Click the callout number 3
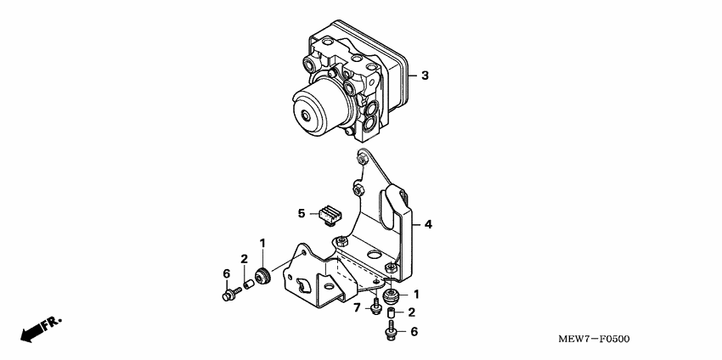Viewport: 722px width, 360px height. (425, 76)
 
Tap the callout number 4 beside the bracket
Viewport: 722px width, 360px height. (428, 224)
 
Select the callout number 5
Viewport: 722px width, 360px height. (301, 212)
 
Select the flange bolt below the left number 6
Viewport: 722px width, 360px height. (230, 295)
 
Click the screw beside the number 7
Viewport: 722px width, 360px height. (375, 307)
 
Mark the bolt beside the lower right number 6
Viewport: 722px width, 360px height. (390, 332)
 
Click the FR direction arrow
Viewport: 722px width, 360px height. (37, 330)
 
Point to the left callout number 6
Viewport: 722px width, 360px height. (227, 273)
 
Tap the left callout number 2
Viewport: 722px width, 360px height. (244, 259)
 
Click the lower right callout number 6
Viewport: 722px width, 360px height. (414, 332)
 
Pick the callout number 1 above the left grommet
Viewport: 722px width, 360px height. (262, 244)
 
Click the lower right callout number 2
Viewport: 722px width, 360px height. (410, 313)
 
